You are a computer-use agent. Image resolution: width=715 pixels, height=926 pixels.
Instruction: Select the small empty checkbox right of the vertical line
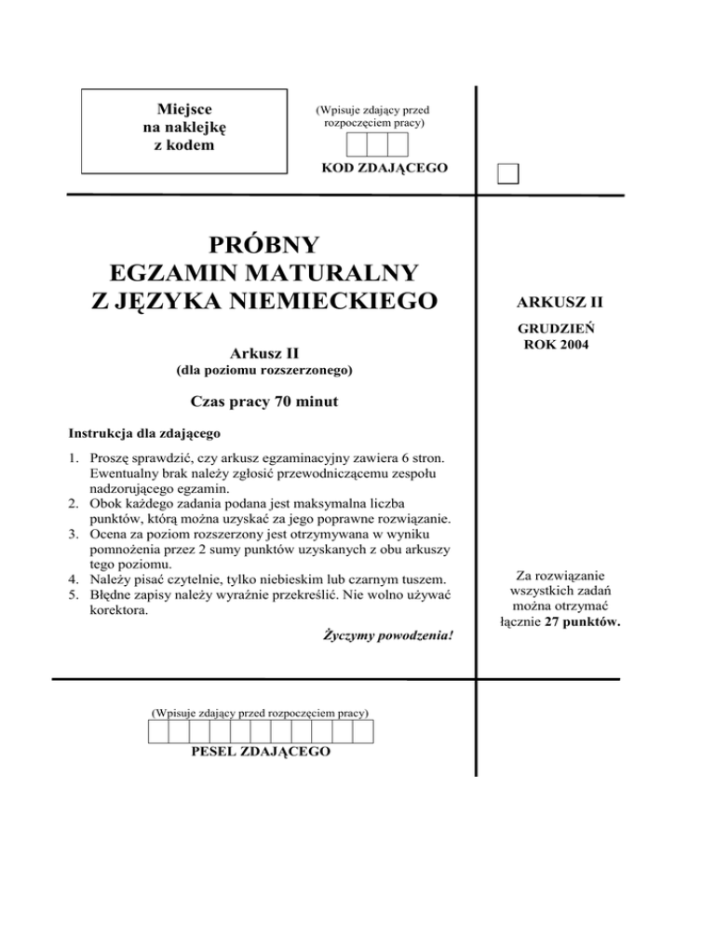tap(508, 174)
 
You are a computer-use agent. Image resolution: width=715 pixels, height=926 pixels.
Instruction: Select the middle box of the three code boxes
tap(377, 144)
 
